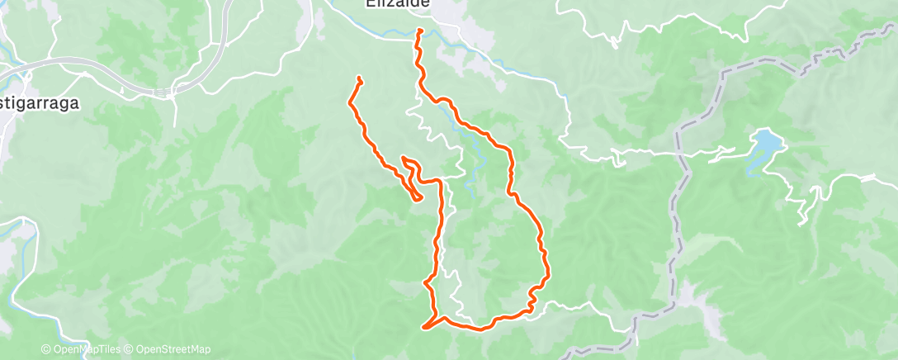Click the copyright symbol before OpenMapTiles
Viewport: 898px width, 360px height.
[x=46, y=349]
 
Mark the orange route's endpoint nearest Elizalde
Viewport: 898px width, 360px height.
[x=420, y=31]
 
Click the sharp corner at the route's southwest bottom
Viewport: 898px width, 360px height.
[x=424, y=328]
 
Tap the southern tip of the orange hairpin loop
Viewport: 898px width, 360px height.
[x=418, y=198]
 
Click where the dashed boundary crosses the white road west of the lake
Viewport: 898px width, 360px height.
[x=678, y=154]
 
